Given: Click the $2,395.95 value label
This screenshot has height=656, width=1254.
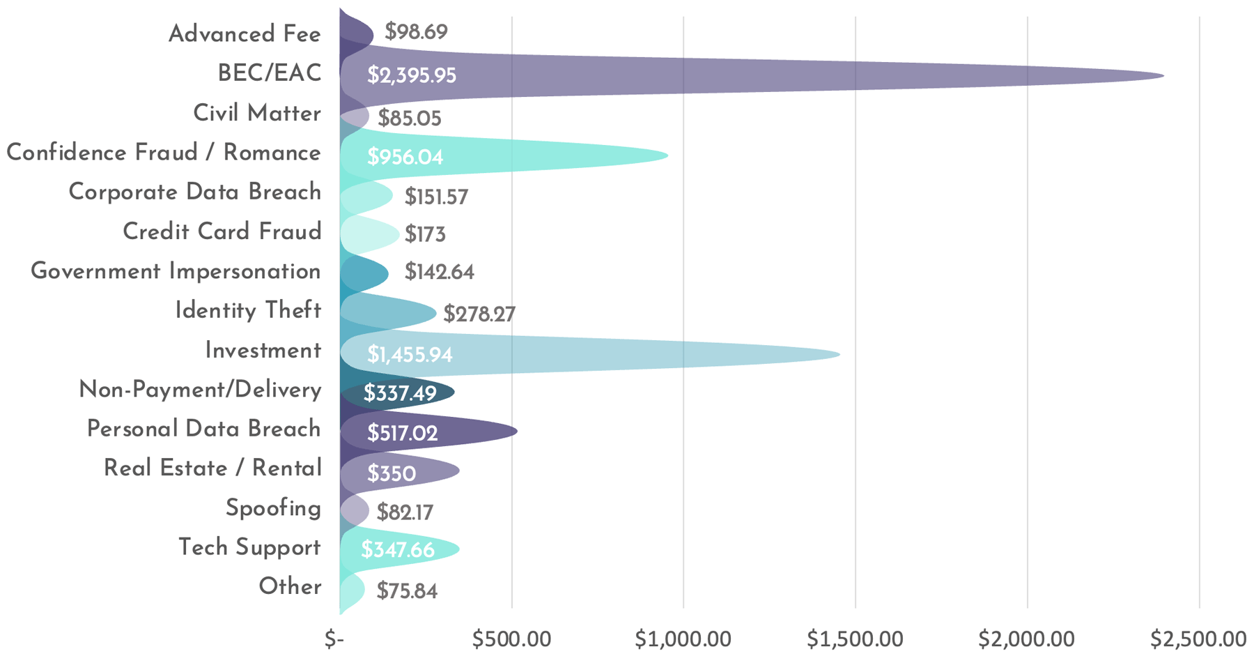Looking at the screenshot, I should pos(412,75).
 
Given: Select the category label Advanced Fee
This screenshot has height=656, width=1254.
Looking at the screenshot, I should pos(245,33).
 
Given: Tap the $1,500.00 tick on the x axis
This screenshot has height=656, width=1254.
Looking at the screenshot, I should pos(855,639).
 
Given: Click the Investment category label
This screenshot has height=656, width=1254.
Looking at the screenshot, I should pos(263,350).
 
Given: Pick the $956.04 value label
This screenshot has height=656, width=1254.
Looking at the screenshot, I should pos(405,157).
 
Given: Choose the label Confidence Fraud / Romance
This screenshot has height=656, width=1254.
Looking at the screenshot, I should pos(164,153).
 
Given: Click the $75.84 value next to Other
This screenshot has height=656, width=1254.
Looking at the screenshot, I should pos(407,591).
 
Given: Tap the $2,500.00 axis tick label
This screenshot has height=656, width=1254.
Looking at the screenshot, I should pos(1198,639).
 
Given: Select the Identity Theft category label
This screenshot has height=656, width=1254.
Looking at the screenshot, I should pos(248,310).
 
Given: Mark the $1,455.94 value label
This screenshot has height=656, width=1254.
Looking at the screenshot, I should pos(410,355).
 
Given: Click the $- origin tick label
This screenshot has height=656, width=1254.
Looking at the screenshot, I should pos(334,639).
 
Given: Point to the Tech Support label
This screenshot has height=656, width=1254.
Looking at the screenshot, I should pos(249,547).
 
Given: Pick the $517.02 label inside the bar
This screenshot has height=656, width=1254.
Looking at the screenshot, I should pos(403,434).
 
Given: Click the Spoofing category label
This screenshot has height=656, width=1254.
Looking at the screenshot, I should pos(273,508).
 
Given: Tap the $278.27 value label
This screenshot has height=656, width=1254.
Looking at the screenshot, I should pos(479,314).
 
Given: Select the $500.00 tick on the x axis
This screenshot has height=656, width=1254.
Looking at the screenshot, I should pos(511,639).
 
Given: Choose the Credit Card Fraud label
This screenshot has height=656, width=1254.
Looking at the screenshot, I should pos(222,231).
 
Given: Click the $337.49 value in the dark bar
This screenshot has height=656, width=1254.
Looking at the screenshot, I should pos(400,394).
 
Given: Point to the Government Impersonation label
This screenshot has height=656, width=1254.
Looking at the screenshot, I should pos(176,271).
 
